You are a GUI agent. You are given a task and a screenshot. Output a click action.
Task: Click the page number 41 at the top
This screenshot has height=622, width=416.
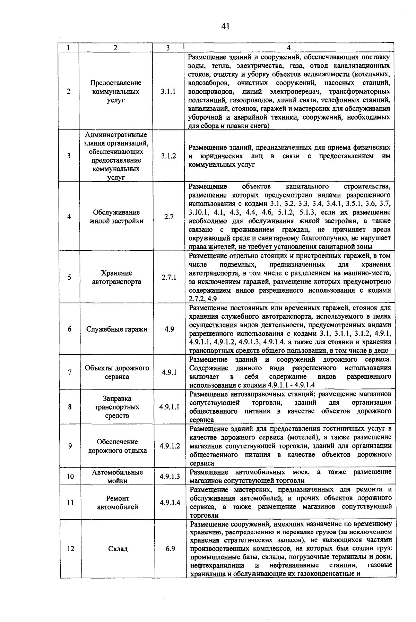[225, 26]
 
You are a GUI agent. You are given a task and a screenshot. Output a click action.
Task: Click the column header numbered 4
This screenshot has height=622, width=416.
[289, 48]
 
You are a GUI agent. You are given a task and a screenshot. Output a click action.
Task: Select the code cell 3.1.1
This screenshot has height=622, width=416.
[168, 92]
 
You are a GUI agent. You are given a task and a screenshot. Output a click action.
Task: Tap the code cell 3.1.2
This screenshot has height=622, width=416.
[168, 156]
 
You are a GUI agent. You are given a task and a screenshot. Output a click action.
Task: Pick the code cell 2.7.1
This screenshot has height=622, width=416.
[169, 277]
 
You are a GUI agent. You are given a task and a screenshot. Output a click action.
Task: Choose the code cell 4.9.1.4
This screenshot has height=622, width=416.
[170, 502]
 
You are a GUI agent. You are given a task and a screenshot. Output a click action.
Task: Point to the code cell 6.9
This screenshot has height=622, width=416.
[170, 549]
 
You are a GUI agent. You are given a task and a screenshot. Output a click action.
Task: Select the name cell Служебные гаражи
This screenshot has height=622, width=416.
[117, 329]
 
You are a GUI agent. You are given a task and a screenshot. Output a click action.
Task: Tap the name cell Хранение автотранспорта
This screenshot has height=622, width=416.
[117, 277]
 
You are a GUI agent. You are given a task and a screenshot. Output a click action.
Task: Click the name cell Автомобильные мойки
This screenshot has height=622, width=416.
[117, 477]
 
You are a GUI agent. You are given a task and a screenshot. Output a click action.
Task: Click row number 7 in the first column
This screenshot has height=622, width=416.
[70, 372]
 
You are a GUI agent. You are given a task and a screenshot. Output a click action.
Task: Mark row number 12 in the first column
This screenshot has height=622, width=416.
[70, 549]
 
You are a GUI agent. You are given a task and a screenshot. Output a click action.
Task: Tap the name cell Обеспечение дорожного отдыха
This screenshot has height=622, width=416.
[117, 446]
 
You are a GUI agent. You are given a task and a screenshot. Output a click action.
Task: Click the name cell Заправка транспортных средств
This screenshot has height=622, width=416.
[117, 407]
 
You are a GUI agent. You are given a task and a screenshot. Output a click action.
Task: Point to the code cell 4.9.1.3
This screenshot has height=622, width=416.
[170, 477]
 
